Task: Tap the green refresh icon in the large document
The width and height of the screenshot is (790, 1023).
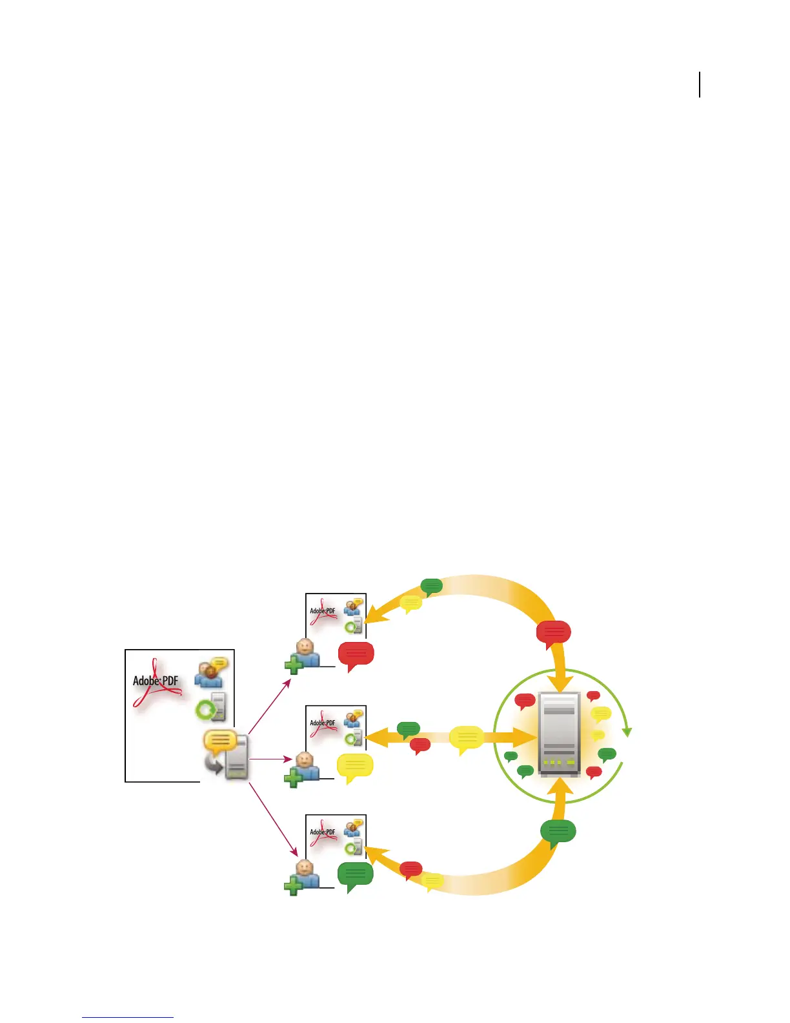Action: [206, 710]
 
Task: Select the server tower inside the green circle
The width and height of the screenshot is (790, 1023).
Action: [559, 734]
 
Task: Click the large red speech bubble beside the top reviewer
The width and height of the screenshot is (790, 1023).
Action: [356, 655]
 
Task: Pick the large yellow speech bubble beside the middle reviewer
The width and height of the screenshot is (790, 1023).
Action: [355, 766]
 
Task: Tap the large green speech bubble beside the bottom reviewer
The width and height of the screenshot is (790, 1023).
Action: [355, 875]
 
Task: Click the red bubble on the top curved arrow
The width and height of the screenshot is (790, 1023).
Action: [554, 633]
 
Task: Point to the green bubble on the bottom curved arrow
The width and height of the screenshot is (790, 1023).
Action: [558, 832]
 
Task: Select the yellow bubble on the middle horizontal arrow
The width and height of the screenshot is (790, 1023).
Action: [466, 738]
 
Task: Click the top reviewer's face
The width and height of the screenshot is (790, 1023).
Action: [305, 648]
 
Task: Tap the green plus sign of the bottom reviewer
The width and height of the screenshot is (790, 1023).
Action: [294, 885]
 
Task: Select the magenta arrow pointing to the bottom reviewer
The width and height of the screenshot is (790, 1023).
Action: [272, 819]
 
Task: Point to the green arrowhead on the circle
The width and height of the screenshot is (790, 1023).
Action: [626, 732]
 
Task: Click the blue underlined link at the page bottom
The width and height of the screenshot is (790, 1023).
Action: [128, 1017]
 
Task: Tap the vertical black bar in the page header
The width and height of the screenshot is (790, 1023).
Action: [700, 85]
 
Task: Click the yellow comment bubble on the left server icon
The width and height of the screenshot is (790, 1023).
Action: [219, 741]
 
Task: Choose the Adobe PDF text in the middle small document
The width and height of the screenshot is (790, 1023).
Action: [322, 723]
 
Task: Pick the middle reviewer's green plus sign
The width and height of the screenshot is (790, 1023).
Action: [294, 777]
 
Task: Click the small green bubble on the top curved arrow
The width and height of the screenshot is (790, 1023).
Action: [431, 586]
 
